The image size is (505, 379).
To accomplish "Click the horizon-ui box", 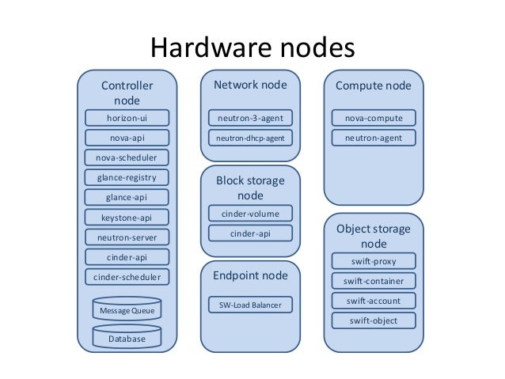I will (127, 119).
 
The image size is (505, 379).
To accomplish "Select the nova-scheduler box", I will (127, 157).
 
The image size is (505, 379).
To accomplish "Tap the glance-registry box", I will (127, 177).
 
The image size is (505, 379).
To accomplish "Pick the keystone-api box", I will (127, 217).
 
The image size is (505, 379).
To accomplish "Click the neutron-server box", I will (127, 237).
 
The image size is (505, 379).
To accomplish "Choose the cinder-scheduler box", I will (127, 277).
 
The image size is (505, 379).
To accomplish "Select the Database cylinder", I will (127, 338).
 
